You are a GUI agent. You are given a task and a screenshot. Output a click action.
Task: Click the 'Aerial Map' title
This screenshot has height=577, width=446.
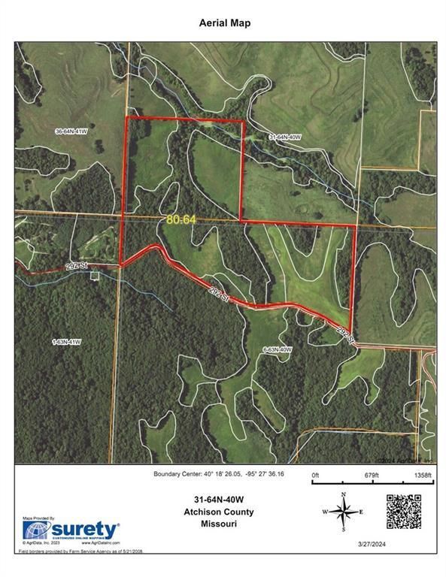click(223, 23)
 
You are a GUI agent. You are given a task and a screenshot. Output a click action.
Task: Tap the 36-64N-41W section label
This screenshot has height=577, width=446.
click(74, 131)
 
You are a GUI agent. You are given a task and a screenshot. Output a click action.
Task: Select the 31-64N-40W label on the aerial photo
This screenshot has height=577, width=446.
click(285, 137)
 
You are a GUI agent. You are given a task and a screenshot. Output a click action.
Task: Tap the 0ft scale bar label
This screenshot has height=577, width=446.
click(316, 476)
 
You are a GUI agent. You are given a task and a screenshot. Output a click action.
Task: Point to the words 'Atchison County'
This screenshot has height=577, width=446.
click(223, 512)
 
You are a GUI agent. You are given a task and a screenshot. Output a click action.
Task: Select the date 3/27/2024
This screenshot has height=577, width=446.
click(413, 545)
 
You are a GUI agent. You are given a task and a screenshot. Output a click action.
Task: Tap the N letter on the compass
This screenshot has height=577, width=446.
click(344, 494)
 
